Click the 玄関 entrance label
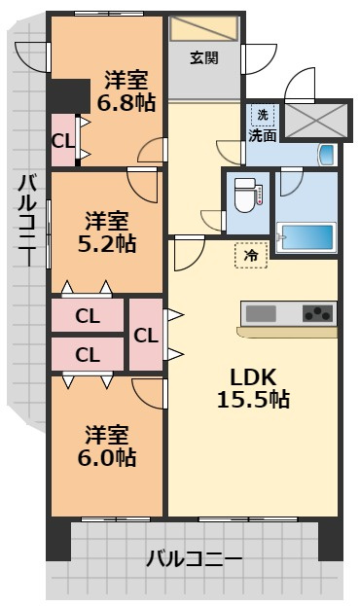coord(204,58)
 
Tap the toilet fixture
coord(245,195)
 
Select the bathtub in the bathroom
coord(307,237)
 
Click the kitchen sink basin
coord(261,313)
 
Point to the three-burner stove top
coord(317,313)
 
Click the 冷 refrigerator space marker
coord(251,255)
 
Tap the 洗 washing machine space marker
coord(263,115)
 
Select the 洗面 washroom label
coord(262,135)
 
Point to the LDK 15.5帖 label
coord(253,388)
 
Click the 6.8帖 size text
coord(126,103)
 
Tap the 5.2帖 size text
coord(107,244)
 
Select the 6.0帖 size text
coord(107,457)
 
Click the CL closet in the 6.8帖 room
coord(63,141)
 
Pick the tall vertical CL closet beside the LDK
coord(146,335)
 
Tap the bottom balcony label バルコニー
coord(195,559)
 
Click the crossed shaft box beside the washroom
coord(316,121)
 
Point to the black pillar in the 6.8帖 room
coord(68,96)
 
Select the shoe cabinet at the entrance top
coord(203,28)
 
